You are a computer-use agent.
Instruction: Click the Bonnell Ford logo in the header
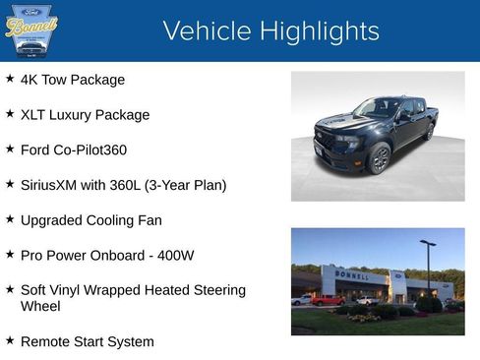pos(31,31)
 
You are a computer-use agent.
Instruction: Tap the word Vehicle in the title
pos(204,31)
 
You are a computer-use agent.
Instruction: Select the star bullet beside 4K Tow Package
pos(10,79)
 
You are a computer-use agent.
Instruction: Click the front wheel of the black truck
pos(380,157)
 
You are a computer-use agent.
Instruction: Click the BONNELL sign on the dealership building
pos(353,275)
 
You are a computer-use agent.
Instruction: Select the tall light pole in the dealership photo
pos(428,266)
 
